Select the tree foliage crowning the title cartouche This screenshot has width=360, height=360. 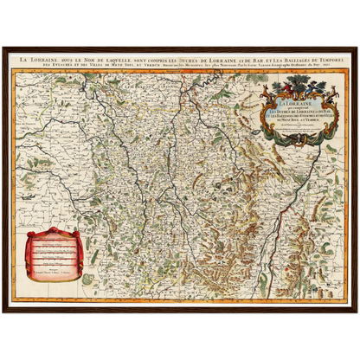point(295,78)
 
